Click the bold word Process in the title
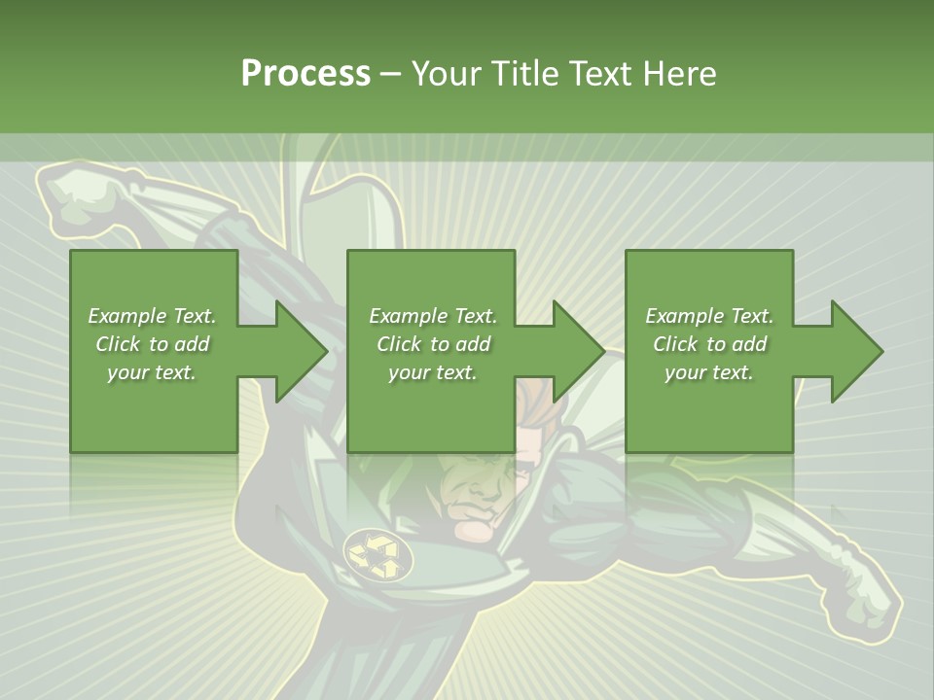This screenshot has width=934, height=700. click(305, 74)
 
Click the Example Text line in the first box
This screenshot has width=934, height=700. click(152, 316)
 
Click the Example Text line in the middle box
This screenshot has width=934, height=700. click(433, 316)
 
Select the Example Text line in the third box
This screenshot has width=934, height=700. click(709, 316)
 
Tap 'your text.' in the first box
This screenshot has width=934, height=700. click(152, 372)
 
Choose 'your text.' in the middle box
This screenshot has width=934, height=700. click(433, 372)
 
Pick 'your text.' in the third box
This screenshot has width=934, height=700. click(709, 372)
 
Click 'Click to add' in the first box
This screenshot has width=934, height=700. click(152, 344)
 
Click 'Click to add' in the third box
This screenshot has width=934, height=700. click(709, 344)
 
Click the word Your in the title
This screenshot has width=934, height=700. click(447, 74)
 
